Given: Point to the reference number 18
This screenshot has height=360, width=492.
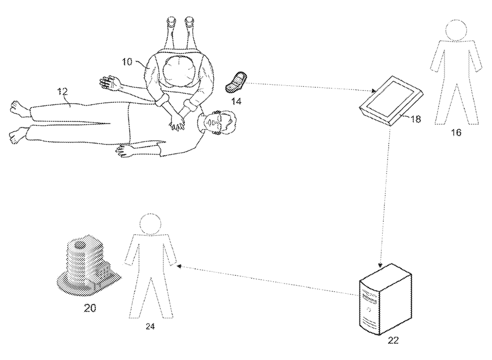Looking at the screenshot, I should click(x=415, y=118).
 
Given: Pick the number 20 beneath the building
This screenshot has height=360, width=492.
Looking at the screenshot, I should click(x=90, y=308).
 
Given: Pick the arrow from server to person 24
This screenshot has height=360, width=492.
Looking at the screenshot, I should click(x=268, y=280).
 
